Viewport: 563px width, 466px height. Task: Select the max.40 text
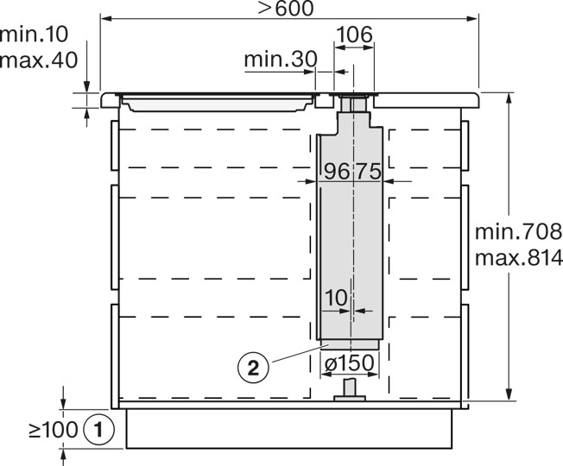click(x=39, y=60)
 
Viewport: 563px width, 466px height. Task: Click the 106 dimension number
click(x=354, y=35)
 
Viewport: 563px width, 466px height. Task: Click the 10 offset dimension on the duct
click(x=336, y=297)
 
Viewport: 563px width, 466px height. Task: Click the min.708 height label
click(x=518, y=231)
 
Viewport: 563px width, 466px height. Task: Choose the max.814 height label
click(x=518, y=256)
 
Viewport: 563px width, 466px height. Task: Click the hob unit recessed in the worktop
click(x=216, y=102)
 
